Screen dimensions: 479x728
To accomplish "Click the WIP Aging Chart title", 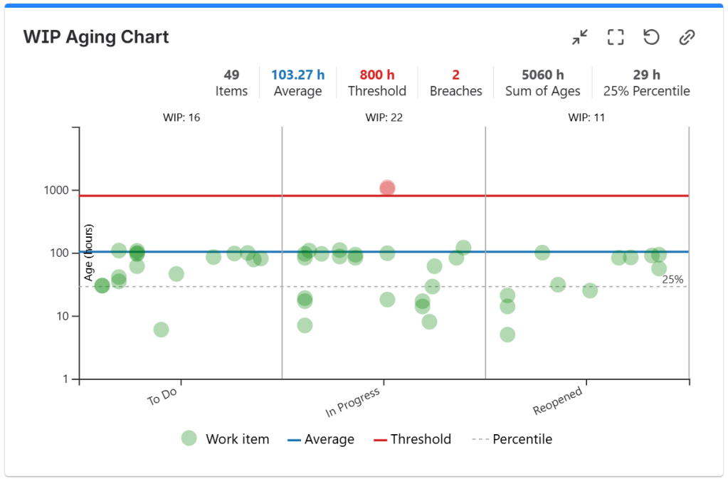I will (x=96, y=37).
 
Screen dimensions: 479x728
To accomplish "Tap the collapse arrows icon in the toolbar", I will (x=580, y=37).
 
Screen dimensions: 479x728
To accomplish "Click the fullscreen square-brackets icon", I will (x=616, y=37).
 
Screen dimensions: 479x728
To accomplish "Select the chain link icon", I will (x=687, y=37).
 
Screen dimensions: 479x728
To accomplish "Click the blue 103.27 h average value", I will (x=297, y=75).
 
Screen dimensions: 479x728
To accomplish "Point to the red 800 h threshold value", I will (x=376, y=75).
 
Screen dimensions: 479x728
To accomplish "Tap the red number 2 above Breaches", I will (x=455, y=75).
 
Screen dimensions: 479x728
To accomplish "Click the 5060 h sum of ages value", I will (x=542, y=75).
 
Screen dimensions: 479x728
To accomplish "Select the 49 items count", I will (x=231, y=75).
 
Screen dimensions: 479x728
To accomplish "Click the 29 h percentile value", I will (x=646, y=75).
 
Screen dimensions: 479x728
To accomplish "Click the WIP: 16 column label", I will (x=180, y=117).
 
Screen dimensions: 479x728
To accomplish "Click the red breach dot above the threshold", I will (x=387, y=188).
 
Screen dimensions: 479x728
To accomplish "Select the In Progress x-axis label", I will (x=352, y=403).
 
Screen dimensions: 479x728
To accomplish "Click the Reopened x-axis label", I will (x=558, y=401).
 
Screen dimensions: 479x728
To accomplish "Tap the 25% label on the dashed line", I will (x=672, y=280).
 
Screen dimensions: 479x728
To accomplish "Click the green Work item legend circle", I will (x=189, y=438).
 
